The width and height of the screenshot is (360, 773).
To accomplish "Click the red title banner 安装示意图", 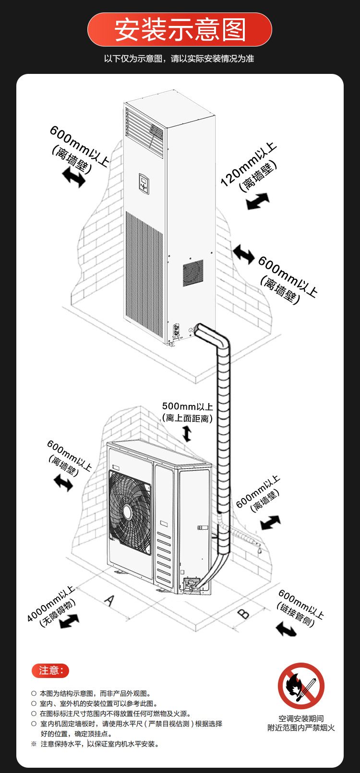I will [180, 30].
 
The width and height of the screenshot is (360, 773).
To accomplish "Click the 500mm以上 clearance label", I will [187, 407].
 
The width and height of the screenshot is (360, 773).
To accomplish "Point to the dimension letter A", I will [110, 600].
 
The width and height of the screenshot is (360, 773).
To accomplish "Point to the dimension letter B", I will [244, 613].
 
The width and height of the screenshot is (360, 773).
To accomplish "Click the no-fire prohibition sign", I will [301, 686].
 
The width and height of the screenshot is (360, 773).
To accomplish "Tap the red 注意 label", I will [50, 670].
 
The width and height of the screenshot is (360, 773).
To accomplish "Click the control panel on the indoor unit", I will [144, 183].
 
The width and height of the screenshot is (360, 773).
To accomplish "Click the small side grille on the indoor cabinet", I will [193, 273].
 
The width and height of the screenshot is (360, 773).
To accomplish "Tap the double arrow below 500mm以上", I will [187, 433].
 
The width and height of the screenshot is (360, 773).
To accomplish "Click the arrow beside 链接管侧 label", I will [286, 629].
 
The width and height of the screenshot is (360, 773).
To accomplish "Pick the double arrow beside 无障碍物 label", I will [69, 621].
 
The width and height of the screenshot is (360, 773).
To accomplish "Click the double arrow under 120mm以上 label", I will [258, 201].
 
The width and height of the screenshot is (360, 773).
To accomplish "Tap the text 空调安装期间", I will [301, 718].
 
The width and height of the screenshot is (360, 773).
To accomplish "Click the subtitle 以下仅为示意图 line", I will [179, 59].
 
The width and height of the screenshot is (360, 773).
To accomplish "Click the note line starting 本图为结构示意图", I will [96, 693].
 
